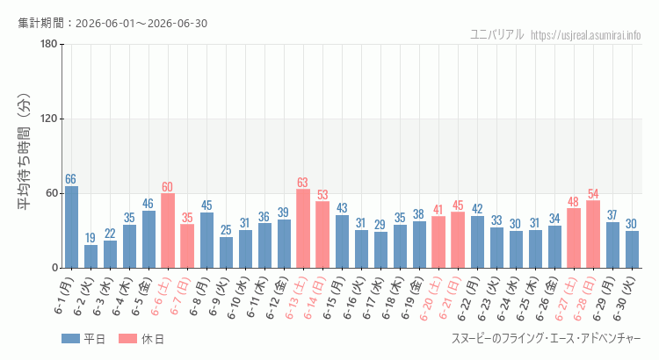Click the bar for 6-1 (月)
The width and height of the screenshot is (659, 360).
click(71, 227)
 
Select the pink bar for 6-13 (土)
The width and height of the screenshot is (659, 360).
click(303, 228)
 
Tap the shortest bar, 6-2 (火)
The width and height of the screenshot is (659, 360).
click(91, 256)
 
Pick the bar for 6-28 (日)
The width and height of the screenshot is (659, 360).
click(593, 234)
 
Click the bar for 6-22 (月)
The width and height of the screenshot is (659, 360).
click(477, 242)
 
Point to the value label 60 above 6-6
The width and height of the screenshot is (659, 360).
click(167, 187)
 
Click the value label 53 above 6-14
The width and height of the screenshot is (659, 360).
click(322, 195)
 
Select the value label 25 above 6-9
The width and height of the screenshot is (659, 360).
click(226, 230)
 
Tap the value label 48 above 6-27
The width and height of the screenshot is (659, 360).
click(573, 202)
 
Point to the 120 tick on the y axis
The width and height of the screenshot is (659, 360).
click(49, 119)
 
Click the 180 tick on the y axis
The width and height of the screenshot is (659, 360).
click(49, 44)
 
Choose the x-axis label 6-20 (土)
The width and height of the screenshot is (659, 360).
click(431, 299)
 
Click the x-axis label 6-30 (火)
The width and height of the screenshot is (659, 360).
click(625, 299)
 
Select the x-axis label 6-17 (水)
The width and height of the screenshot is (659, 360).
click(373, 298)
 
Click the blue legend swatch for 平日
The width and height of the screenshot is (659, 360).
click(70, 339)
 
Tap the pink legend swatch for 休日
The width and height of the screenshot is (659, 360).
click(127, 339)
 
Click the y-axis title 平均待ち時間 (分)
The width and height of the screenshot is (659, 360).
click(24, 152)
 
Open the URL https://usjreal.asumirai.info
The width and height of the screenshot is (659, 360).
click(586, 35)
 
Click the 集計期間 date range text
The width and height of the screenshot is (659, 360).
click(112, 23)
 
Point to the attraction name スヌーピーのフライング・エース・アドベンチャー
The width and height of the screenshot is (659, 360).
click(547, 339)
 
